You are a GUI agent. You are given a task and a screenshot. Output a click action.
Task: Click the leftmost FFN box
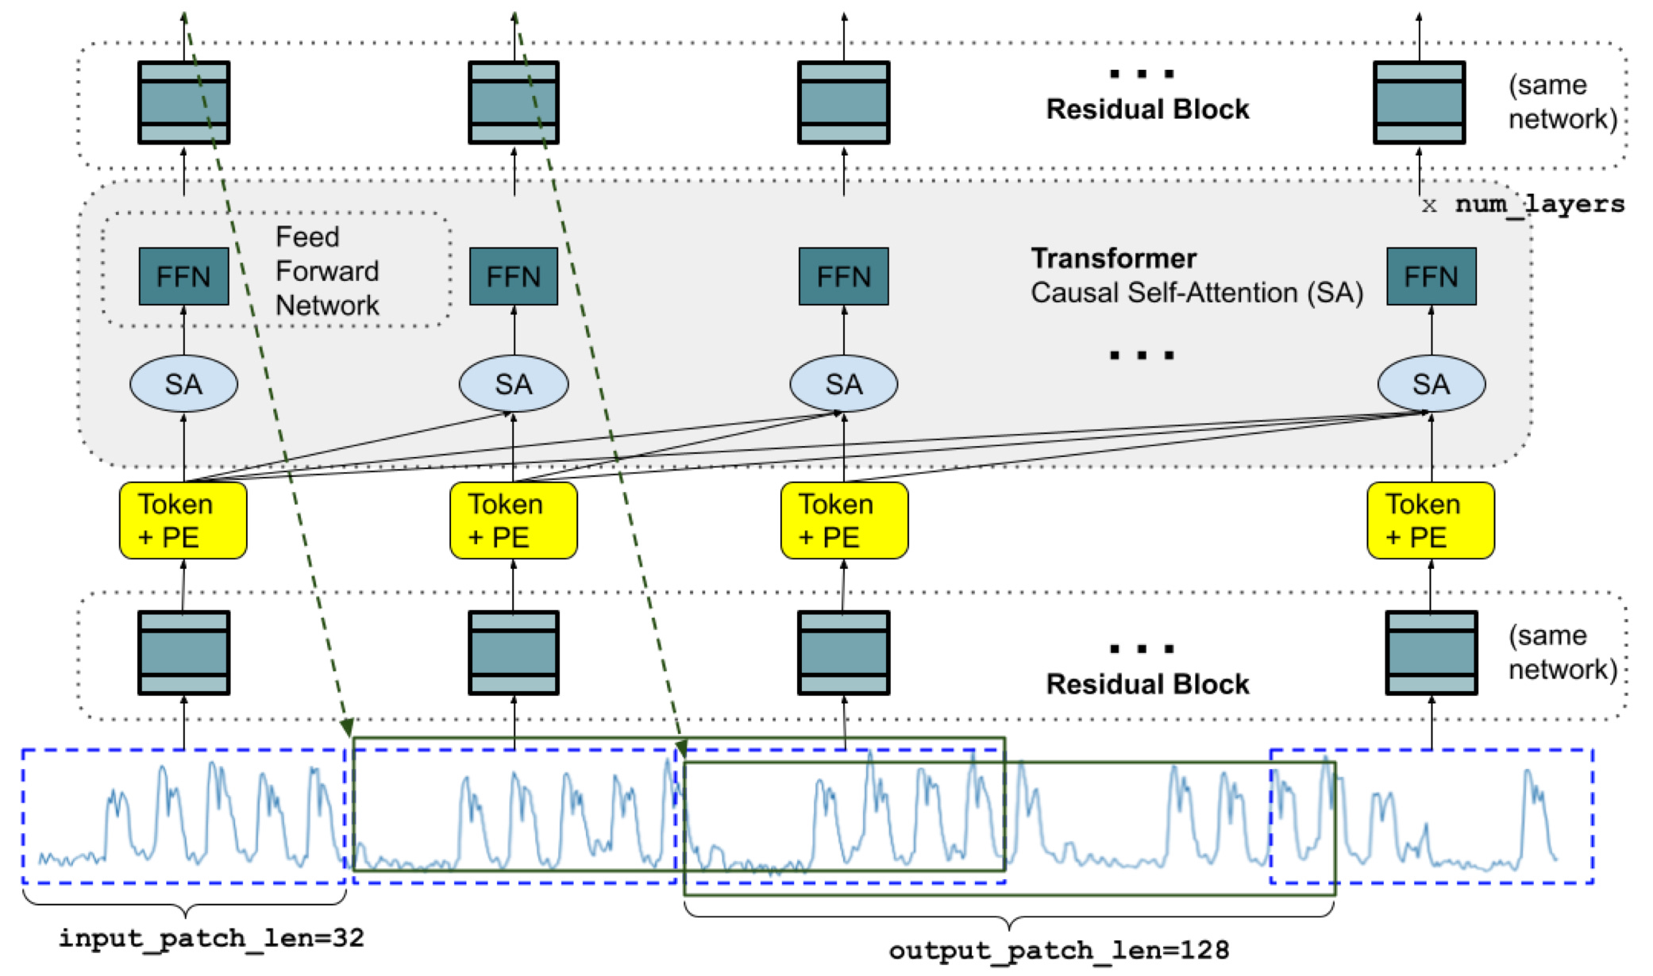(183, 276)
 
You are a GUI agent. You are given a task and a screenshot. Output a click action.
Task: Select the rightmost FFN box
(1431, 276)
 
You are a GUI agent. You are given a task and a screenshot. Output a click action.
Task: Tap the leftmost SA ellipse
(183, 384)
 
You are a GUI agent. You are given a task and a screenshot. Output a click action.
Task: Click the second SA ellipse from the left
(514, 384)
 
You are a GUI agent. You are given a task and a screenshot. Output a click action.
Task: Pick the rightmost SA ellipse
(1431, 384)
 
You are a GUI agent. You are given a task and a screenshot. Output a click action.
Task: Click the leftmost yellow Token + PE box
(183, 521)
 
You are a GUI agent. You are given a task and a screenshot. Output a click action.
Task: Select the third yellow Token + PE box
(844, 521)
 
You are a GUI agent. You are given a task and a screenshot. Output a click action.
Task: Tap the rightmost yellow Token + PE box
(1431, 521)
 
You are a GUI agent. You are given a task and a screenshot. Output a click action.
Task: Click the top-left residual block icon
(183, 102)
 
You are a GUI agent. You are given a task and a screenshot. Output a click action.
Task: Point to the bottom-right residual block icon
(1431, 653)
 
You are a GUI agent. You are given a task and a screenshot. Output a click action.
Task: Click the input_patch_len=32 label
(211, 938)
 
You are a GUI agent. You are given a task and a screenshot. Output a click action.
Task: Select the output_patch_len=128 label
(1059, 950)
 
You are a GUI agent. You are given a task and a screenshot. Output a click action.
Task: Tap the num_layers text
(1539, 205)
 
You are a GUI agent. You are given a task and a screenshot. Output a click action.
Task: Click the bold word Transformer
(1113, 258)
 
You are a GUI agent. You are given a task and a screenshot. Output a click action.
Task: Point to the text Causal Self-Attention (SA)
(1197, 293)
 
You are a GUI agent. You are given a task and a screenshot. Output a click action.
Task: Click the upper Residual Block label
(1147, 109)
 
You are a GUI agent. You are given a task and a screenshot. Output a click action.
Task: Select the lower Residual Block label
(1147, 684)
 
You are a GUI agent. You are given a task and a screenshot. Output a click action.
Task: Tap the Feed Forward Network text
(327, 271)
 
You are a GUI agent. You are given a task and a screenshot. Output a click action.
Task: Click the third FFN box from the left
(844, 276)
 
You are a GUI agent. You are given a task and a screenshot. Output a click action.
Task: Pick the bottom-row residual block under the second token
(514, 653)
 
